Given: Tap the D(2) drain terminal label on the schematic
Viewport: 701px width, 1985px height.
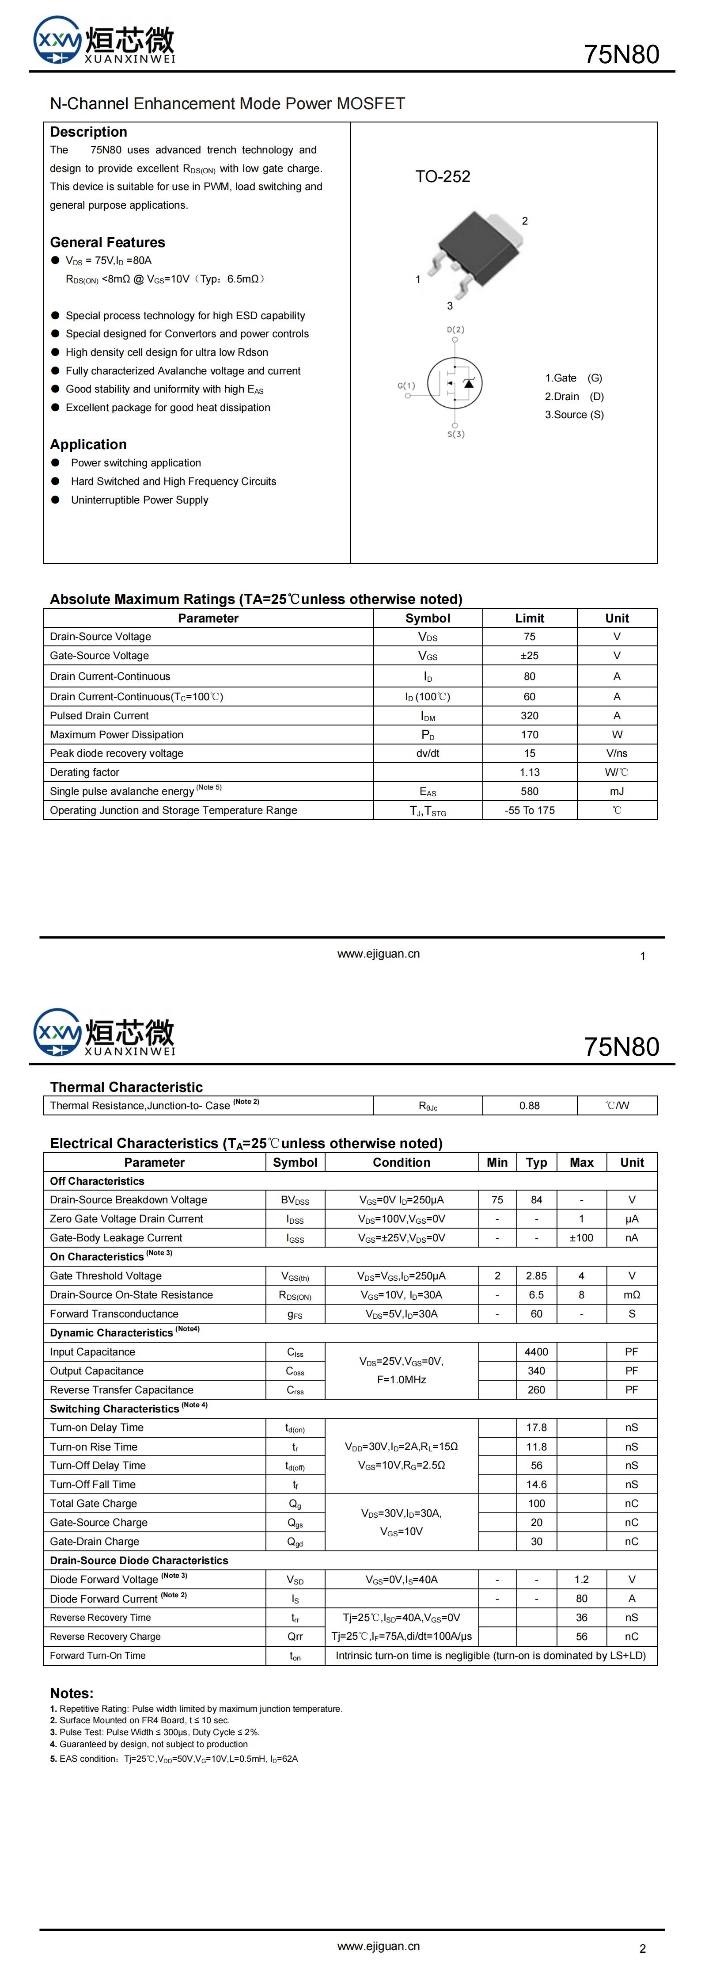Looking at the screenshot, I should (x=455, y=330).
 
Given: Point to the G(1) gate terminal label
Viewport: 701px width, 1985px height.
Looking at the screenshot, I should (x=406, y=386).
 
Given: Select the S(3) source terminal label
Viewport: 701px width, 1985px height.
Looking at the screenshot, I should (x=456, y=434).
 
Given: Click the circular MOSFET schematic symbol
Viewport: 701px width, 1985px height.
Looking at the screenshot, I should (x=455, y=382).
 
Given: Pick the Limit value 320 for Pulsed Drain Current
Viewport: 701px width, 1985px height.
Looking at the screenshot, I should (x=529, y=715).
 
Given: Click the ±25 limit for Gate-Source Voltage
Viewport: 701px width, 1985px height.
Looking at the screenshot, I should (x=529, y=656).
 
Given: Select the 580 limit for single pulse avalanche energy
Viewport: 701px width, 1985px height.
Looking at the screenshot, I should (x=529, y=791).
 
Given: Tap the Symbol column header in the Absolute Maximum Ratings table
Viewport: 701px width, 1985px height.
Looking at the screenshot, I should (x=428, y=618).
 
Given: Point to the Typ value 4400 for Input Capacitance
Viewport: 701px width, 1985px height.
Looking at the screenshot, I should (x=536, y=1351).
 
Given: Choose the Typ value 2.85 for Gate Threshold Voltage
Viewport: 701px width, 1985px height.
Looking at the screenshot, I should (x=536, y=1276).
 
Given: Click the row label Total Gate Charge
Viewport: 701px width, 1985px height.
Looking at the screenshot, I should (x=93, y=1504).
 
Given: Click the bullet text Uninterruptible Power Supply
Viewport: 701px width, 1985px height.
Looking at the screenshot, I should (x=140, y=500).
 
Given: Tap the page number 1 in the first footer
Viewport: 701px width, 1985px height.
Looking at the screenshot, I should (x=642, y=956).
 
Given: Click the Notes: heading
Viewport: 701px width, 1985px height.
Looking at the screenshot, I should (x=72, y=1693).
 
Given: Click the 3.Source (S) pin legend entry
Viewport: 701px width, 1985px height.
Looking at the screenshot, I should (x=574, y=415).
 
